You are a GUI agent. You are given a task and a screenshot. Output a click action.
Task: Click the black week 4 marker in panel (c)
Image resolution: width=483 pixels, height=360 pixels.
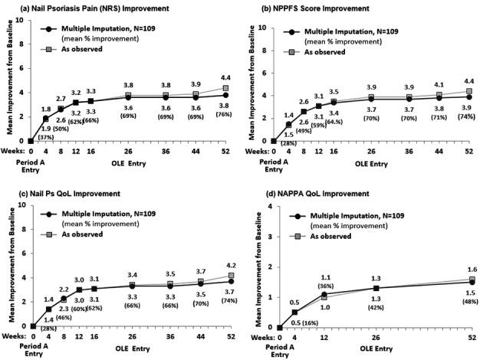[x=49, y=309]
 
